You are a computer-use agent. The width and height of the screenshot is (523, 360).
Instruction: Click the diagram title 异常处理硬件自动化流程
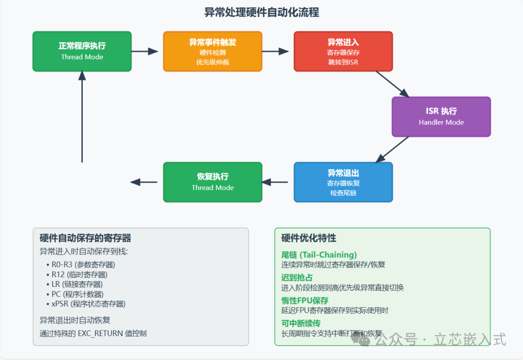coord(261,12)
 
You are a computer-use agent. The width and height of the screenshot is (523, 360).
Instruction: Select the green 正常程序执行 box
coord(82,51)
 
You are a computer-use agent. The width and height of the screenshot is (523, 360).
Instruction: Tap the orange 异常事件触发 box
coord(213,51)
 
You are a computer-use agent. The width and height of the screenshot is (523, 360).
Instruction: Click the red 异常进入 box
coord(343,51)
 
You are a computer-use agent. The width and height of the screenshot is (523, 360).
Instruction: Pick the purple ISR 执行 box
coord(441,117)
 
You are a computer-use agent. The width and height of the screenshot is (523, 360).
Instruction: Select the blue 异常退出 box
coord(343,182)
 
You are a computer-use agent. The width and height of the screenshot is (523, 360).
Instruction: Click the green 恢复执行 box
coord(213,182)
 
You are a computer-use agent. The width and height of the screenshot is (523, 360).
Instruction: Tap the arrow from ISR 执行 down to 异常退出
coord(392,149)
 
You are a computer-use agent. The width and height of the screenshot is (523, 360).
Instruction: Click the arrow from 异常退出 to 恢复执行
coord(276,182)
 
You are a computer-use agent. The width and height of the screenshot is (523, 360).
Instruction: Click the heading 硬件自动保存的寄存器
coord(85,238)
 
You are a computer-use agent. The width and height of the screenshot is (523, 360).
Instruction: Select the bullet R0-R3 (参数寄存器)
coord(83,265)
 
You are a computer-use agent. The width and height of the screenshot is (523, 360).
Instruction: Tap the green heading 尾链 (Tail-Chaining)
coord(319,254)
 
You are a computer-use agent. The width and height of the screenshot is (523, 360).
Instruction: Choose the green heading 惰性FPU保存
coord(305,300)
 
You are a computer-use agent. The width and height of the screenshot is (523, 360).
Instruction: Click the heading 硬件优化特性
coord(308,238)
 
